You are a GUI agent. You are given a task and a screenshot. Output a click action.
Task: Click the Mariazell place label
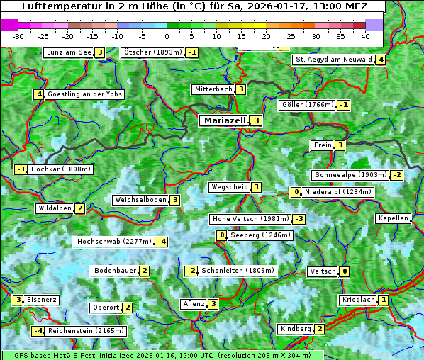click(x=224, y=120)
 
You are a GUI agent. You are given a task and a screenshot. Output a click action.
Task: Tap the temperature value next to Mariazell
click(x=256, y=120)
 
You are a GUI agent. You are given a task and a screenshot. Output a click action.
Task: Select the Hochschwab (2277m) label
click(x=114, y=242)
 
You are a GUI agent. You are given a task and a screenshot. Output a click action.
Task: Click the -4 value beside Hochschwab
click(x=162, y=242)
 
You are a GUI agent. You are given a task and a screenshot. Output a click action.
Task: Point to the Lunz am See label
click(x=69, y=52)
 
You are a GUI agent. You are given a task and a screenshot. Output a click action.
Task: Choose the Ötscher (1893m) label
click(x=152, y=52)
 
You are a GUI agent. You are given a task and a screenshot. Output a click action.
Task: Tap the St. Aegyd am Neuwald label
click(x=333, y=60)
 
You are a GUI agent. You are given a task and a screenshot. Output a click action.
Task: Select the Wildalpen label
click(x=55, y=208)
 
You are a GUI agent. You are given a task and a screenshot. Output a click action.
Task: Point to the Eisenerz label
click(x=41, y=300)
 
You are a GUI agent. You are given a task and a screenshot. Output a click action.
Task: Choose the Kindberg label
click(x=296, y=329)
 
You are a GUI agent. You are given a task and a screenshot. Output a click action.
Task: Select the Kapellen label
click(x=393, y=218)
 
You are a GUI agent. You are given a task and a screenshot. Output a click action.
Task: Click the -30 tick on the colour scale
click(x=18, y=36)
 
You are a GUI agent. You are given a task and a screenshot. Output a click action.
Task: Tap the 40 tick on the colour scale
click(x=365, y=36)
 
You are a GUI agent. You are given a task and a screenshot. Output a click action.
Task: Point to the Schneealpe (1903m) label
click(x=350, y=175)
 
